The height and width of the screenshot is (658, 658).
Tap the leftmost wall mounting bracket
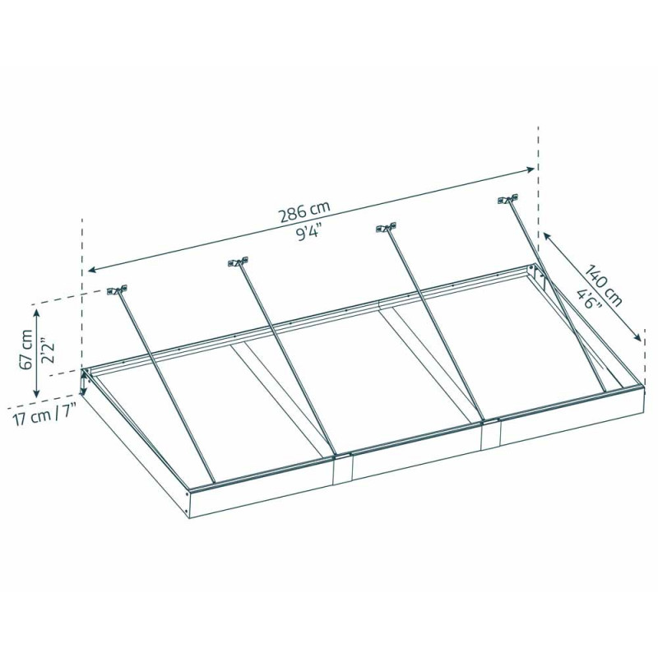coord(117,290)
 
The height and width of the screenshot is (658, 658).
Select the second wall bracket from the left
coord(238,263)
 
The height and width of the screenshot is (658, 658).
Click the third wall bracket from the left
coord(384,228)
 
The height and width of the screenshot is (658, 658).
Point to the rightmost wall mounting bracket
coord(507,199)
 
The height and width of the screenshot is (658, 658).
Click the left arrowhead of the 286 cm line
coord(90,270)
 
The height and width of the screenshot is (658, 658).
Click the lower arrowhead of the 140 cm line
coord(638,338)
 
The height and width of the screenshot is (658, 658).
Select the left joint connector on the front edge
coord(343,467)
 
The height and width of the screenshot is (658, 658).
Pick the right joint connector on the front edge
coord(491,433)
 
